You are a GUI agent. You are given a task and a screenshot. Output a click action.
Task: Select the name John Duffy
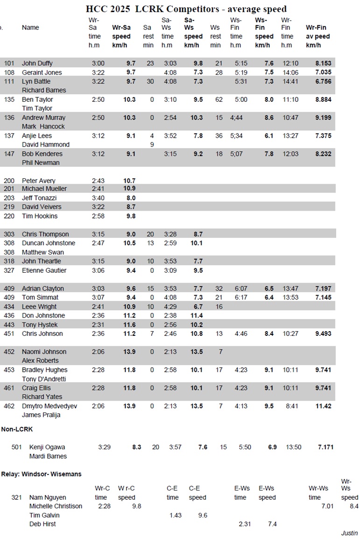37,64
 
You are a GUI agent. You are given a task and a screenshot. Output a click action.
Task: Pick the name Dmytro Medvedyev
50,406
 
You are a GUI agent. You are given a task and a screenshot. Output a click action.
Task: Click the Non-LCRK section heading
17,429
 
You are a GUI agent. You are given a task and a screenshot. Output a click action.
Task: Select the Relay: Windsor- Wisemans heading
41,474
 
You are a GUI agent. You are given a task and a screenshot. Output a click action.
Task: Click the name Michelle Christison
56,506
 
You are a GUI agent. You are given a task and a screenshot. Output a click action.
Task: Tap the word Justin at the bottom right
349,533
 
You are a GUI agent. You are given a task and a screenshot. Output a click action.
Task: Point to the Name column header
30,28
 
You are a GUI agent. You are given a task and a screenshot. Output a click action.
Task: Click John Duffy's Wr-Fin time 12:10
290,64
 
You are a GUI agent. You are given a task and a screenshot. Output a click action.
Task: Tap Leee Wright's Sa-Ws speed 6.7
197,306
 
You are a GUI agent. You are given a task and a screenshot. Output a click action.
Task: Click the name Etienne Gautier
44,270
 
